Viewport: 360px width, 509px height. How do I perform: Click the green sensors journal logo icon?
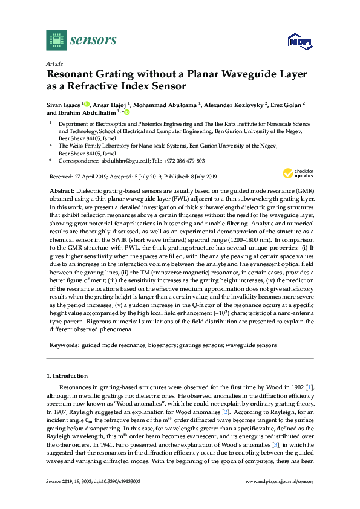(x=56, y=40)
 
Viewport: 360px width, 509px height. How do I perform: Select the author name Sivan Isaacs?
(x=64, y=105)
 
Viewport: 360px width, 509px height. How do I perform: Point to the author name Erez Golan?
(x=284, y=105)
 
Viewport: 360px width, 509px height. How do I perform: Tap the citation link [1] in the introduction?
(x=309, y=387)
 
